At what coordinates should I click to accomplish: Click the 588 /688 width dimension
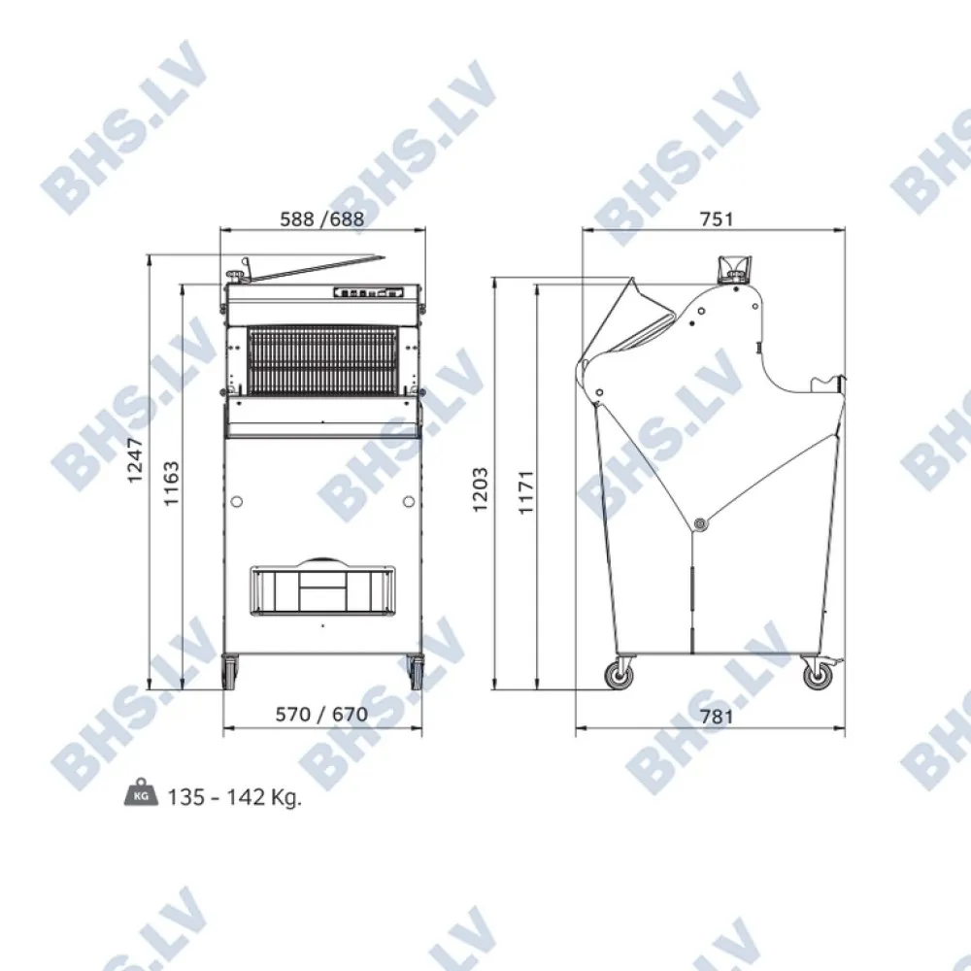320,219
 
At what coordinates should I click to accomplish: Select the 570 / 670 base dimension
320,715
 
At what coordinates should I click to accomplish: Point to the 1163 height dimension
171,484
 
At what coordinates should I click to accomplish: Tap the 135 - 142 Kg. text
234,797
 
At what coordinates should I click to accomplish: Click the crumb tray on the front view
323,589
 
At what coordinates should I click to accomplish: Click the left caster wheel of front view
231,672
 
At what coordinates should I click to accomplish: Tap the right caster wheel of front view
416,672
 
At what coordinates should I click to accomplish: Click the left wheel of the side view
618,673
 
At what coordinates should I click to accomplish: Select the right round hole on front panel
408,501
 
